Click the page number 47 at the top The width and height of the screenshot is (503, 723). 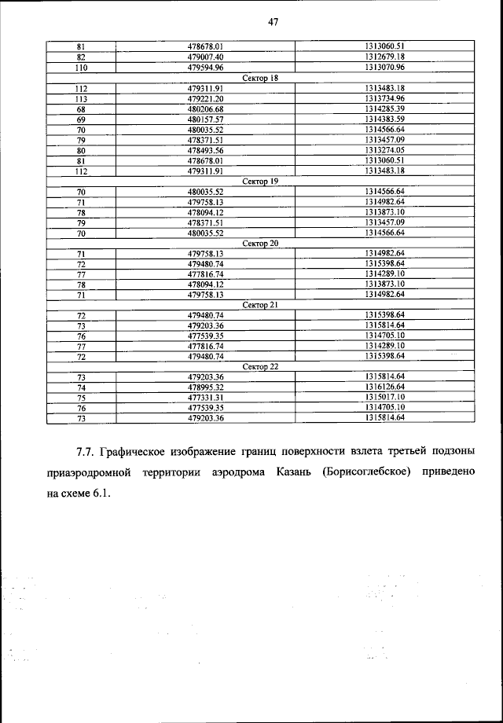(x=274, y=22)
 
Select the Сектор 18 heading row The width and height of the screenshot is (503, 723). (x=261, y=79)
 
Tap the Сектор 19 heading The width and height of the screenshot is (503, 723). (x=261, y=182)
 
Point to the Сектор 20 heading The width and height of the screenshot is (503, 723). (x=261, y=243)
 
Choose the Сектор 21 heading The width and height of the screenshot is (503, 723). (x=261, y=304)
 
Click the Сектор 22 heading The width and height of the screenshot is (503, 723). (x=261, y=366)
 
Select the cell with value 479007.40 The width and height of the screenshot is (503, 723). (x=207, y=57)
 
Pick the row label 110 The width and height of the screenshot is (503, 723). (x=81, y=68)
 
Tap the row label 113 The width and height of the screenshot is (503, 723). (x=81, y=99)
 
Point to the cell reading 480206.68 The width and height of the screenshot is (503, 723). (x=207, y=109)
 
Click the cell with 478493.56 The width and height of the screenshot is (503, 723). (x=207, y=150)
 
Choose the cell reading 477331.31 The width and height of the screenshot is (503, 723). (x=207, y=397)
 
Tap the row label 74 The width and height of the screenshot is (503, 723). (x=81, y=387)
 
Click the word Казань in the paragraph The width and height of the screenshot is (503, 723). (x=284, y=477)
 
